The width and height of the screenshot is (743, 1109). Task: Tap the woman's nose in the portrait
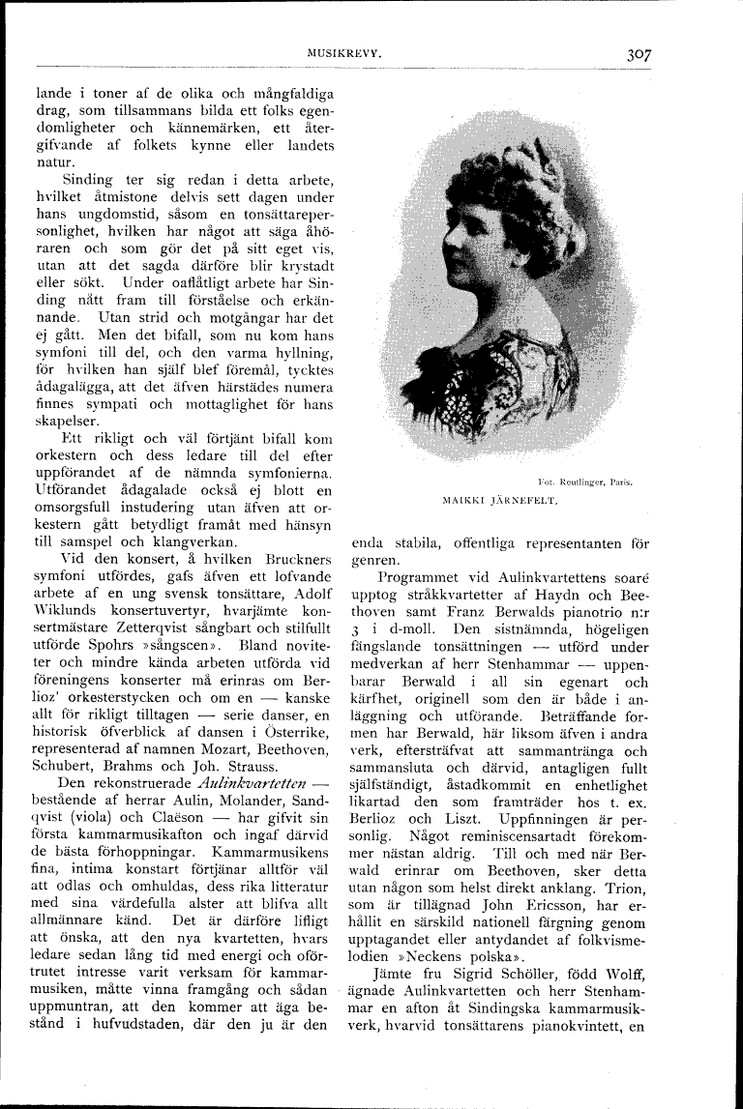[452, 253]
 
